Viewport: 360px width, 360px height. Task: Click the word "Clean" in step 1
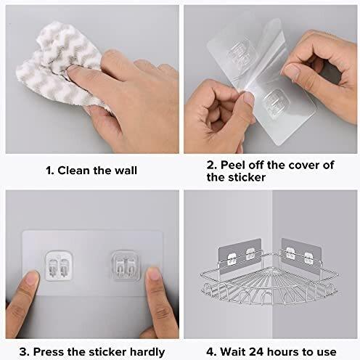[x=74, y=171]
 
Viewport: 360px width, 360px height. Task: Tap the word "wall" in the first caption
[x=126, y=171]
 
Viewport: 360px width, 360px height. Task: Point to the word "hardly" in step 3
[x=147, y=352]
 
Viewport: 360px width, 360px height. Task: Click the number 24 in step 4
[x=255, y=352]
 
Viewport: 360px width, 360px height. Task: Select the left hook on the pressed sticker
[x=59, y=266]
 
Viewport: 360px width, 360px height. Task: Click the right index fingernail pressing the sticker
[x=153, y=274]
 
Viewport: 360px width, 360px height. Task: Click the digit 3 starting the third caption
[x=24, y=352]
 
